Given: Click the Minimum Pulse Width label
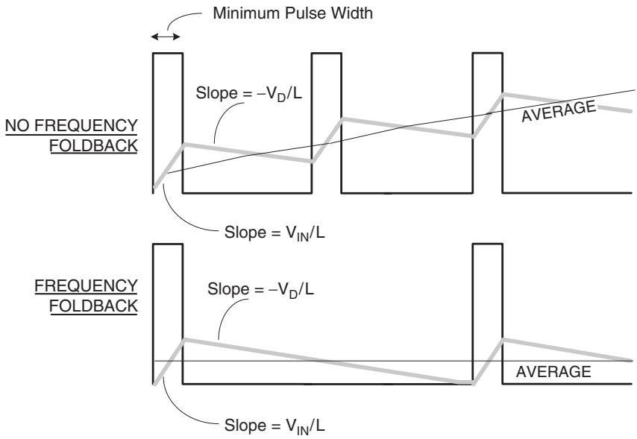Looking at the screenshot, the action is (x=292, y=13).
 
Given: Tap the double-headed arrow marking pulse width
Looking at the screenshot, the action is (x=166, y=37).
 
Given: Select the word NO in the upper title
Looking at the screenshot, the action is (x=16, y=125).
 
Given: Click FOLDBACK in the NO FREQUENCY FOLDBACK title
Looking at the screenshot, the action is (x=93, y=145).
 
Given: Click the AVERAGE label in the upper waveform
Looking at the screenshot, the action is (x=559, y=110).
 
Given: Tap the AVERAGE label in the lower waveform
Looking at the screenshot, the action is (x=553, y=372).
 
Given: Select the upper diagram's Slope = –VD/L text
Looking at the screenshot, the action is (x=249, y=93).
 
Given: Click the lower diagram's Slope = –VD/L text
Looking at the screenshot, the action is (x=260, y=289).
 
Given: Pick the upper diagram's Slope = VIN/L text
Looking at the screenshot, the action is (x=274, y=233).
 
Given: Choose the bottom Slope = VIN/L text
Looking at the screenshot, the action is (x=274, y=426).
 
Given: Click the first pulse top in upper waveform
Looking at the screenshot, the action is (x=168, y=53).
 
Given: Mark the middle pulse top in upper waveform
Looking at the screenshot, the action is (x=327, y=53).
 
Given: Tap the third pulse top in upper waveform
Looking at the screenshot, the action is (x=488, y=53).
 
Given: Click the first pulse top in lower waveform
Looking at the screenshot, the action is (x=168, y=244).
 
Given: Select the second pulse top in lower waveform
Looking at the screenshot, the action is (x=488, y=244).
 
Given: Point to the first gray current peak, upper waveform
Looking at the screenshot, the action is (x=184, y=144).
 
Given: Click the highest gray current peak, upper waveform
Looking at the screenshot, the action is (x=503, y=94).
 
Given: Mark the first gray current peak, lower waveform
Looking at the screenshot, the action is (x=184, y=339).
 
